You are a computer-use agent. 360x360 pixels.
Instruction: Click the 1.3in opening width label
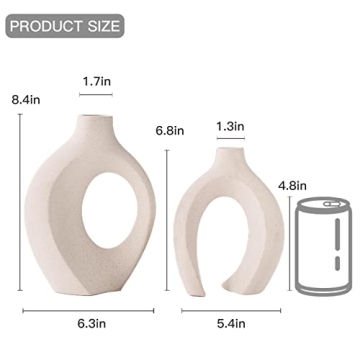(x=229, y=126)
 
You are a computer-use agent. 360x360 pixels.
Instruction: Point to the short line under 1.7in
(x=96, y=96)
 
